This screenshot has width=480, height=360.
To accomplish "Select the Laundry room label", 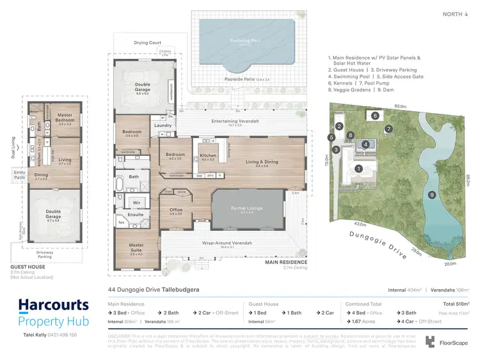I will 163,125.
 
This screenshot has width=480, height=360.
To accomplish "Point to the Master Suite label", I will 136,246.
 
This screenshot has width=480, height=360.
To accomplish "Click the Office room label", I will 176,210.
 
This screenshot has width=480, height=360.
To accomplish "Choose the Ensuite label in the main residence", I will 136,215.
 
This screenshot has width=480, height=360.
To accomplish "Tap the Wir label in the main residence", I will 136,202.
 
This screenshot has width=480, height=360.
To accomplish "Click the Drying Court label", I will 148,43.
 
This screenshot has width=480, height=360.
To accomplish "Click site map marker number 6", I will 375,116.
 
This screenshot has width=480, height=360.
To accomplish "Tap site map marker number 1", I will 359,169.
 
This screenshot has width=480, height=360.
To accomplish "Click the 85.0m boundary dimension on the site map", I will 401,106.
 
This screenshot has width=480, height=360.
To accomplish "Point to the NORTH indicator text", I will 452,14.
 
